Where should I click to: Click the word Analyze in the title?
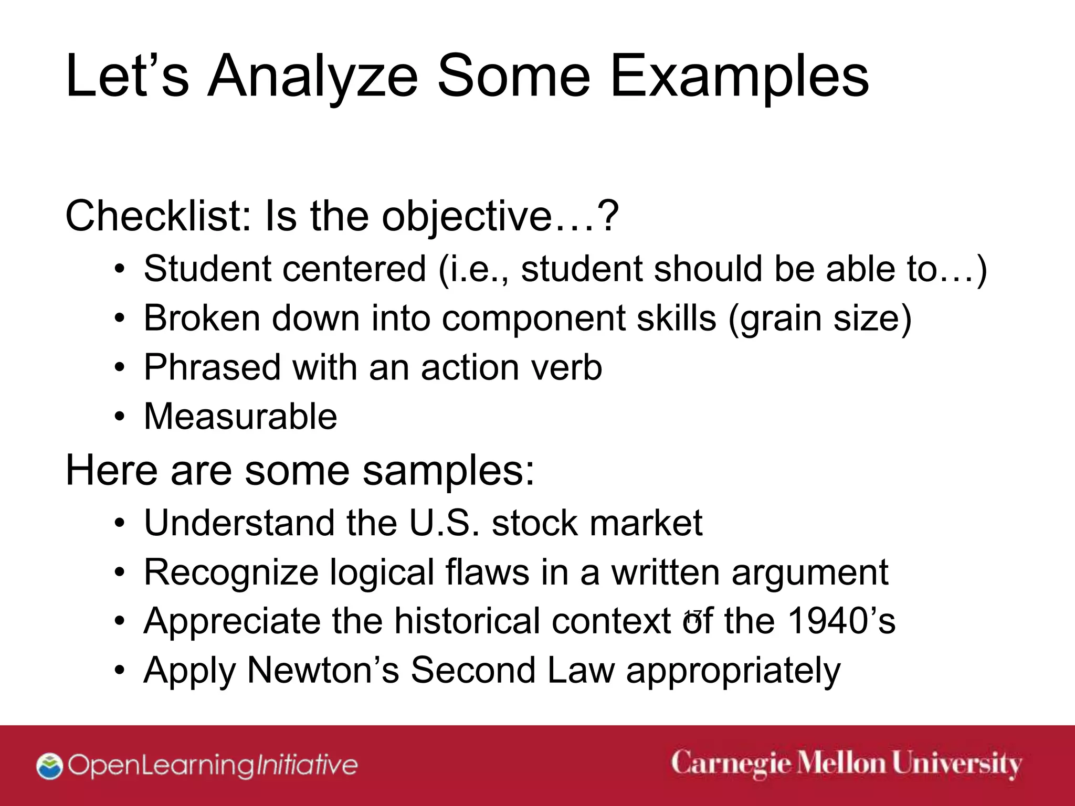coord(313,78)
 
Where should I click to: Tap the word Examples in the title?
coord(739,78)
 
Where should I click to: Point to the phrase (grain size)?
coord(819,319)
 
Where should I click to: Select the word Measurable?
coord(240,417)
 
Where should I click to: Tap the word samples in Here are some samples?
coord(448,470)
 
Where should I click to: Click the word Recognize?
coord(231,572)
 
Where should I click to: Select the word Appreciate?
coord(231,621)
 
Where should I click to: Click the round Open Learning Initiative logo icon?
coord(50,766)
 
